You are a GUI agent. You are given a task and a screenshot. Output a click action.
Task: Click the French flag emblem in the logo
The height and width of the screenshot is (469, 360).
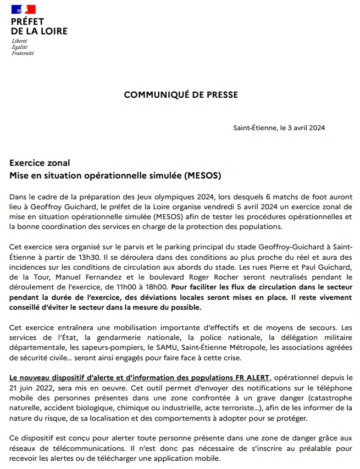coord(23,9)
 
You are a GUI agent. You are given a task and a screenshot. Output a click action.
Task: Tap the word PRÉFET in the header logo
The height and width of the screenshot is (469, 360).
coord(27,21)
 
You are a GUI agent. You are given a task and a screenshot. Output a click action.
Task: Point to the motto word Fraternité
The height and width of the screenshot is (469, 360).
coord(23,53)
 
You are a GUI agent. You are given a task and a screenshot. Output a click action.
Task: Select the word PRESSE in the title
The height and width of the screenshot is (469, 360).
coord(222,94)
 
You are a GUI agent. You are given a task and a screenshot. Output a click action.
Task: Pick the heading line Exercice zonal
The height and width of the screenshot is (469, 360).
coord(40,163)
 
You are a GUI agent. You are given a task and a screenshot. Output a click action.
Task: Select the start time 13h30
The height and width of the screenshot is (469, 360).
coord(90,257)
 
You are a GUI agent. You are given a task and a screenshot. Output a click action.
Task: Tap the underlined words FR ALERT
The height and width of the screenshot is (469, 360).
coord(251,378)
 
